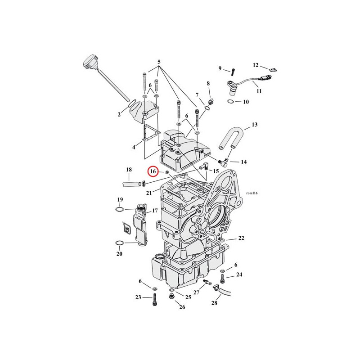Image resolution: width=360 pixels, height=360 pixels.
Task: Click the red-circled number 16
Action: pos(153,171)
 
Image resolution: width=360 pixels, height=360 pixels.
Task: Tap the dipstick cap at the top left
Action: pos(90,61)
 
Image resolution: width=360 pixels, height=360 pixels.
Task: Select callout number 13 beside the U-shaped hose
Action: pos(254,125)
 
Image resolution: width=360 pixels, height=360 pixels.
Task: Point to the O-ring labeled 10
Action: pos(231,101)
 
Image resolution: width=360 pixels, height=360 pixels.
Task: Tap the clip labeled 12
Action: pos(272,69)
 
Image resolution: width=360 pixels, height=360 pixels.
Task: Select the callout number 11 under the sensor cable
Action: pos(259,91)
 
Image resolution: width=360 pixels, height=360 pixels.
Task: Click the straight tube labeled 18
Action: pos(132,184)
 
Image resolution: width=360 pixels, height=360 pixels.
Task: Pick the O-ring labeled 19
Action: pos(119,209)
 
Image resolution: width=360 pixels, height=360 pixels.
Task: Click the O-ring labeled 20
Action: pos(119,243)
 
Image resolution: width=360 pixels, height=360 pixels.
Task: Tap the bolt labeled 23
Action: pos(154,300)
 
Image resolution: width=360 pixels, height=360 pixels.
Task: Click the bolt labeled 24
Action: pos(222,279)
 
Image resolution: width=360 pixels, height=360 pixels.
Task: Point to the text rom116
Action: pos(252,193)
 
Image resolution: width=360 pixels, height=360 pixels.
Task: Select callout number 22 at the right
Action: pos(241,238)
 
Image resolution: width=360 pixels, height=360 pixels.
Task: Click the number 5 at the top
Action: pos(159,62)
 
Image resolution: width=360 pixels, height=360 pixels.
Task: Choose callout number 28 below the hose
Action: pos(214,303)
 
